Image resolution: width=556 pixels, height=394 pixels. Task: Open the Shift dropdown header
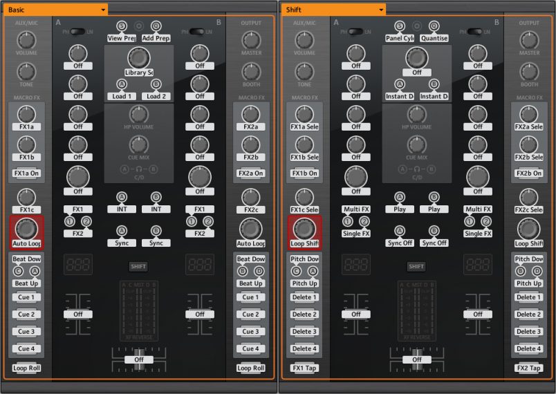332,10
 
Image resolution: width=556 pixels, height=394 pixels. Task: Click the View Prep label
120,38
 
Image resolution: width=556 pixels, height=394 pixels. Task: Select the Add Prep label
156,38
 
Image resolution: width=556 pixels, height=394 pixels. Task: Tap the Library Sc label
139,73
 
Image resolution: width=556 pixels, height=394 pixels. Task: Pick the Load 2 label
156,96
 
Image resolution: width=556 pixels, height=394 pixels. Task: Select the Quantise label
434,38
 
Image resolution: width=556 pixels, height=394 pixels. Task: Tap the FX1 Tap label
304,368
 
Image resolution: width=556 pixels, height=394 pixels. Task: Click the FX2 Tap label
529,368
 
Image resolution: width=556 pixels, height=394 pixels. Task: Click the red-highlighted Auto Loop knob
26,228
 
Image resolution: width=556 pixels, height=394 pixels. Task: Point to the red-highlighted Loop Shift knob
304,228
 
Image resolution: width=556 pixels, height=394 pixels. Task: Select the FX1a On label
26,173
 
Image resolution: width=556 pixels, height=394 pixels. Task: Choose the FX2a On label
250,173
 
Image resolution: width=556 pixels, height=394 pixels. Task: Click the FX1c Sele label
304,209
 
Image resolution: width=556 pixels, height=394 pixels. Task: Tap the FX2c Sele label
529,209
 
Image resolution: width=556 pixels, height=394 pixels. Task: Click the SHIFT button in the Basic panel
139,266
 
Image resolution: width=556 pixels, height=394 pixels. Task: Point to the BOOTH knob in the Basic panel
250,71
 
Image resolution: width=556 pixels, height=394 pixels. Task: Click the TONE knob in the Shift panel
304,71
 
